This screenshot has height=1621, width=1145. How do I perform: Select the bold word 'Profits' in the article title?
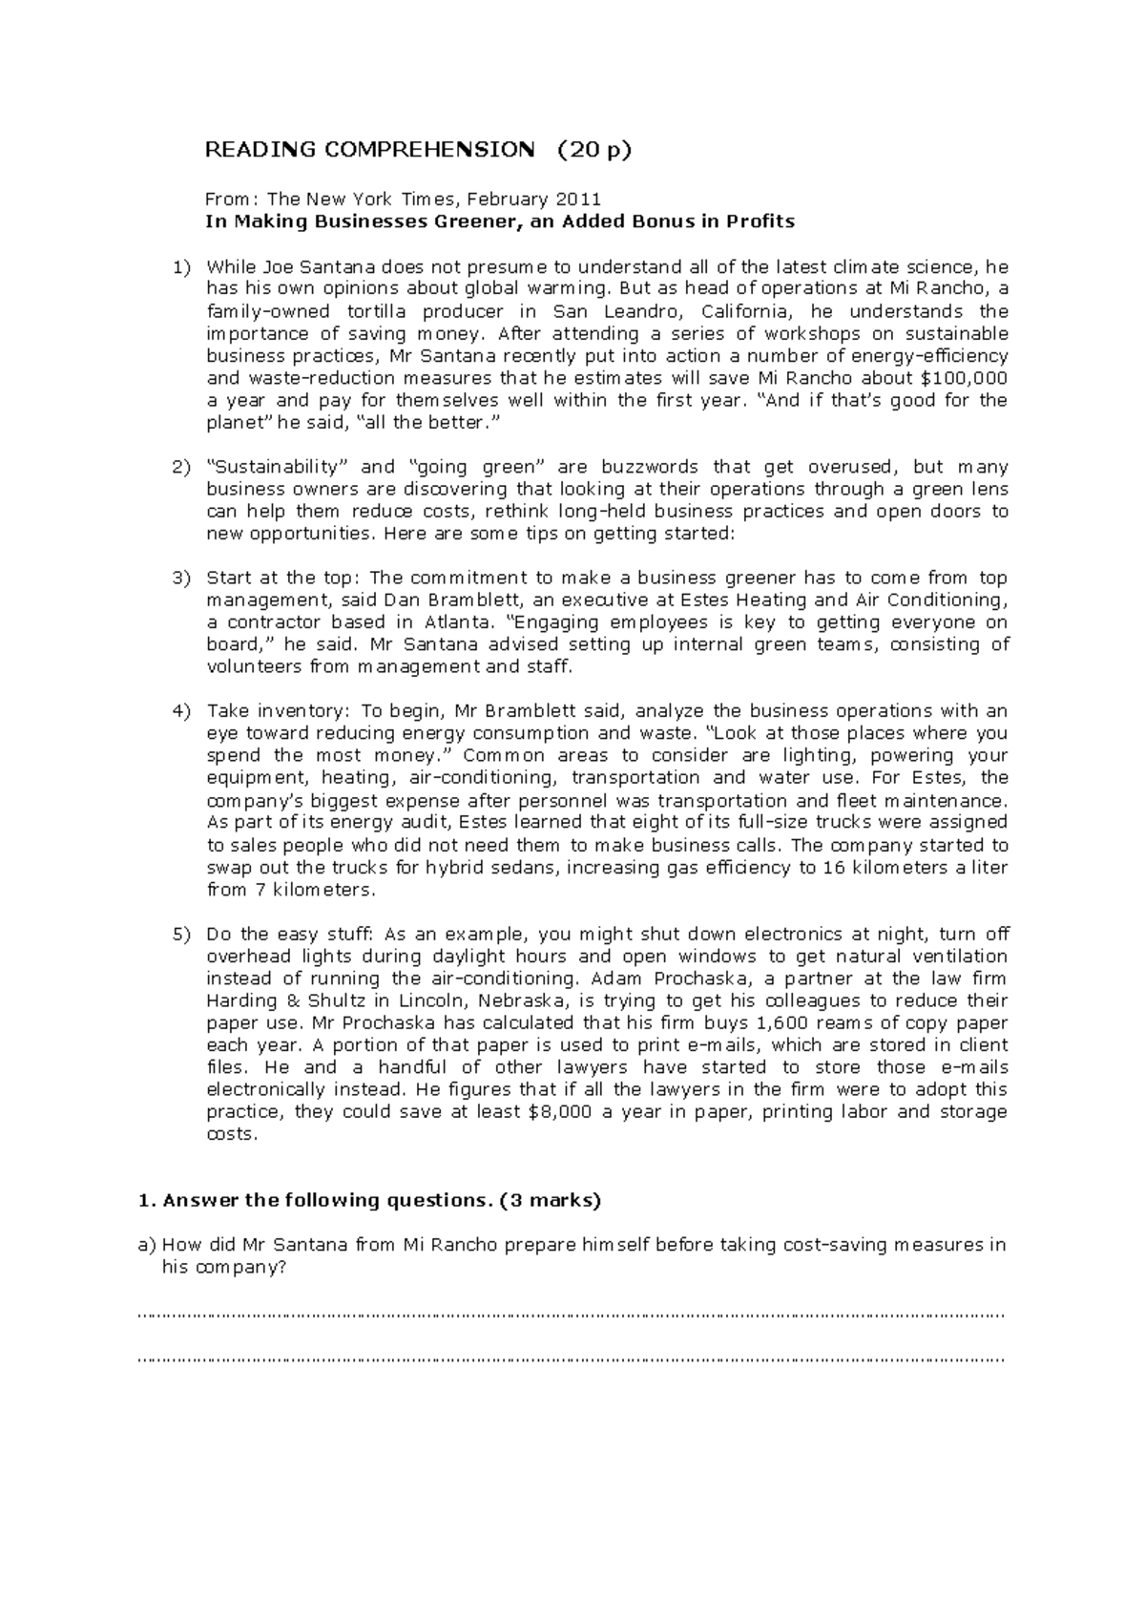tap(760, 221)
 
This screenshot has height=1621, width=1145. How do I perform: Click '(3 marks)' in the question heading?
tap(551, 1201)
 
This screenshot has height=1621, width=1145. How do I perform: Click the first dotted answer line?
tap(572, 1316)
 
